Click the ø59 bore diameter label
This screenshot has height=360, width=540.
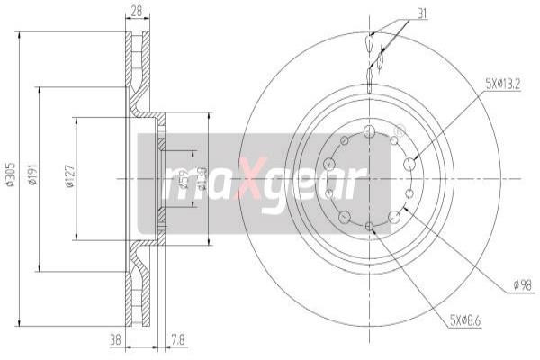tap(184, 179)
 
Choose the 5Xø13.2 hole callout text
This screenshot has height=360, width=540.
tap(503, 84)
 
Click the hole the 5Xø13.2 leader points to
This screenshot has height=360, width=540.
tap(410, 164)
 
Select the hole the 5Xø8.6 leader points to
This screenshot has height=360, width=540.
tap(370, 226)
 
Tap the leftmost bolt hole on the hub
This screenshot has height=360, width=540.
tap(328, 163)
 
